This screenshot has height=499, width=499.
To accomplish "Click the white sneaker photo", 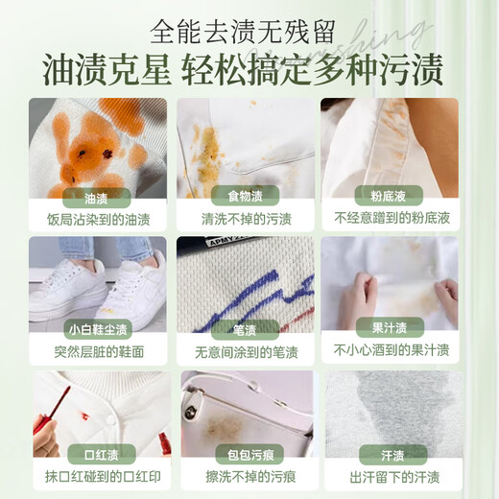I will [x=96, y=283].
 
